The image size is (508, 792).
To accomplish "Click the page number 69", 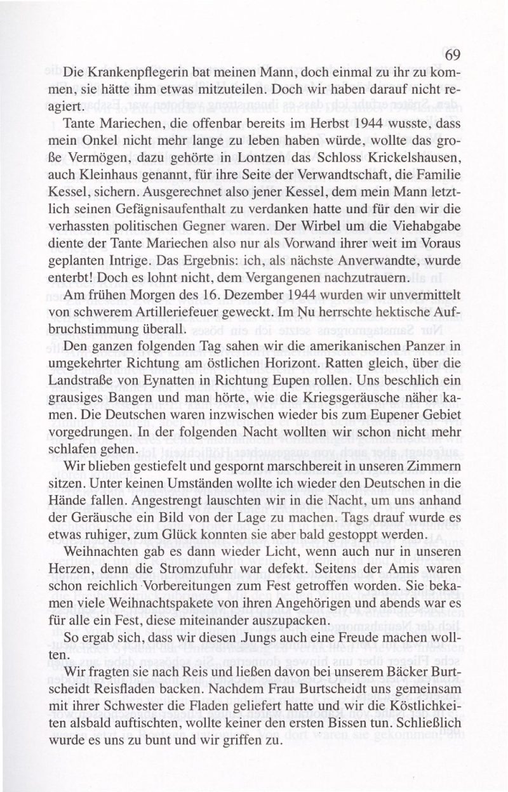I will point(451,55).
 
